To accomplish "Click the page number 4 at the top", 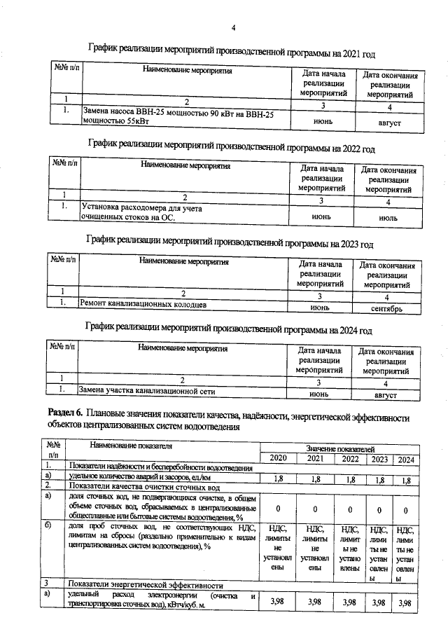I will [234, 27].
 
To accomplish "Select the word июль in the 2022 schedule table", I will [387, 218].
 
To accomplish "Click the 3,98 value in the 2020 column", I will [278, 602].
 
